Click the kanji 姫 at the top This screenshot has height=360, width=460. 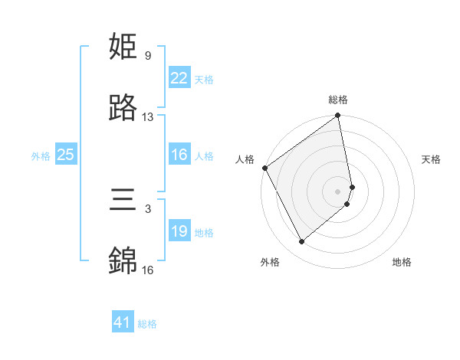click(x=123, y=47)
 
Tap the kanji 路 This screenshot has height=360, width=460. click(x=123, y=108)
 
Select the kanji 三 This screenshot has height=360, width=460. click(x=123, y=201)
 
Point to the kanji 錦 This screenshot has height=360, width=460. click(x=123, y=260)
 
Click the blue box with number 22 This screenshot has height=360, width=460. click(x=179, y=78)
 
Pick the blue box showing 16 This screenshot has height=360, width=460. click(x=179, y=155)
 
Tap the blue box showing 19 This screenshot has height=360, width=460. click(x=179, y=231)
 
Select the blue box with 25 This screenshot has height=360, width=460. click(x=65, y=155)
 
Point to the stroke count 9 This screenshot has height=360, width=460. click(x=147, y=56)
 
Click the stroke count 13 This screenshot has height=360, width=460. click(x=148, y=117)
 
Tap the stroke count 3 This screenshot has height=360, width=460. click(x=147, y=208)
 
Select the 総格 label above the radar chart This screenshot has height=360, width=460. click(x=338, y=100)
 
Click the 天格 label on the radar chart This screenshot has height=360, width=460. click(x=432, y=159)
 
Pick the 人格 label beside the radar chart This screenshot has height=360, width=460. click(x=245, y=159)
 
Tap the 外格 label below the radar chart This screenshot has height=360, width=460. click(x=270, y=262)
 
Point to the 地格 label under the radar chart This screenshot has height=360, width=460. click(x=402, y=262)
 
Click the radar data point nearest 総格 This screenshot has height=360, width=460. click(x=338, y=116)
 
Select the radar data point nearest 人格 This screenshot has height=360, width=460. click(x=264, y=168)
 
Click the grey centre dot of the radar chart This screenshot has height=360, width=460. click(x=338, y=191)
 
